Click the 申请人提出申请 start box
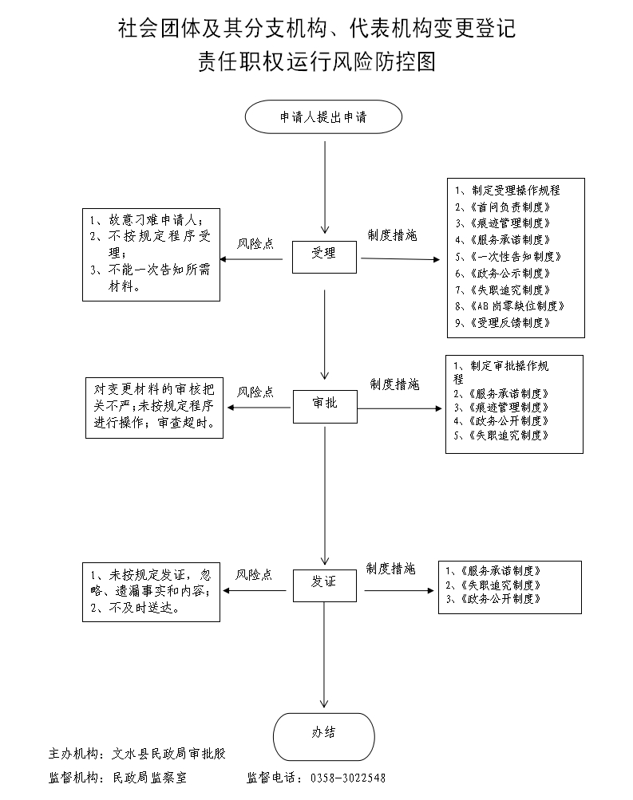[x=322, y=116]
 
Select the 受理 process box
[x=323, y=254]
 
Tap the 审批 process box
[x=325, y=404]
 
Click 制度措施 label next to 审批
[x=394, y=385]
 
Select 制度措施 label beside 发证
[x=390, y=569]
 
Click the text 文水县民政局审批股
[x=173, y=754]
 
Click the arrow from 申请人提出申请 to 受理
[x=324, y=183]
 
